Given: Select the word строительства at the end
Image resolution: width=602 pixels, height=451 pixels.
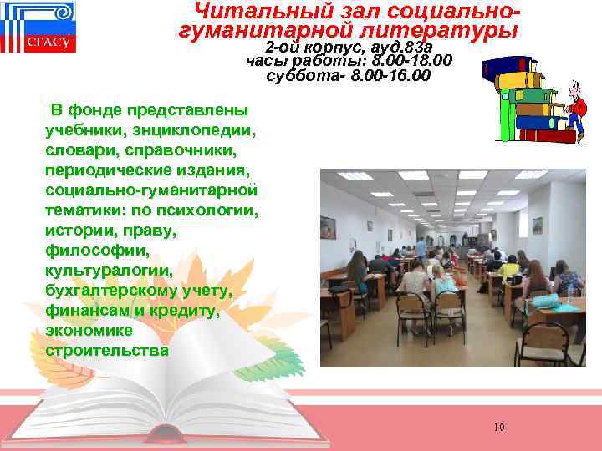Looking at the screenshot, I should (x=107, y=350).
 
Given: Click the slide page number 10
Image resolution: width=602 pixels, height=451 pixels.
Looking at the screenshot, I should (x=498, y=428).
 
